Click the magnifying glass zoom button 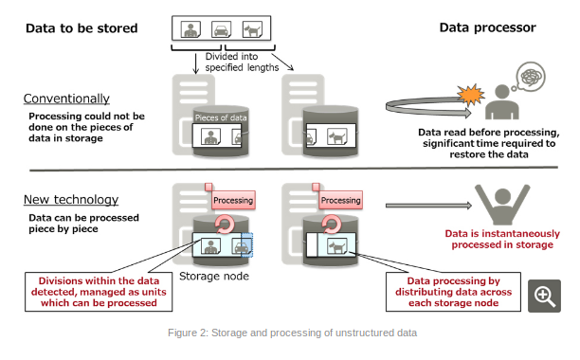point(544,296)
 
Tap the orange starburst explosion point(470,95)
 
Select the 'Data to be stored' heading point(82,28)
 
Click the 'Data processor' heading point(487,27)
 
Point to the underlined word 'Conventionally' point(66,99)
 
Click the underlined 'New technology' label point(71,200)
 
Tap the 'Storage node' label point(214,276)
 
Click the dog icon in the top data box point(252,29)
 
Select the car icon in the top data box point(221,29)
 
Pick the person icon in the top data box point(190,29)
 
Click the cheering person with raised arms point(502,205)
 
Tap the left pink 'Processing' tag point(233,200)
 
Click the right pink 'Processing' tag point(340,200)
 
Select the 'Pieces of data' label point(221,117)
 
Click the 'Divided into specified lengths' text point(242,63)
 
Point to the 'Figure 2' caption point(292,333)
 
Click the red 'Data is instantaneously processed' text point(502,239)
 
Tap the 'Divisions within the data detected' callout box point(99,292)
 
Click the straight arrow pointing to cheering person point(428,206)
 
